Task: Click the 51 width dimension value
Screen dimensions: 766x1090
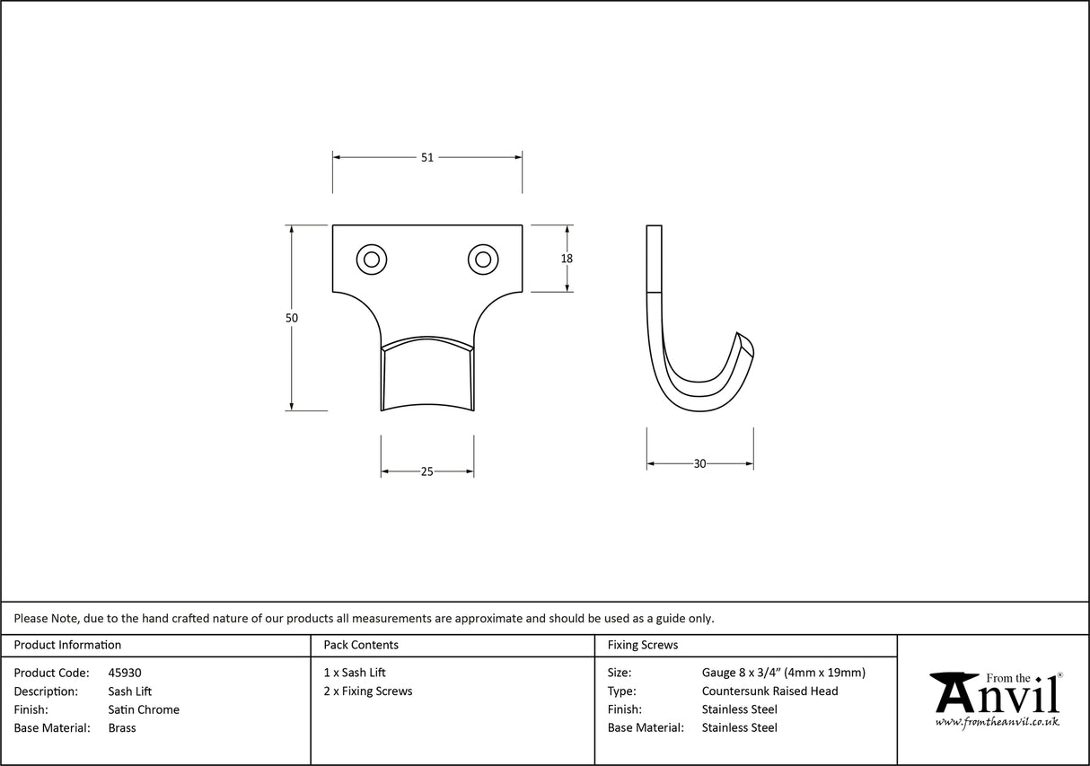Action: [x=427, y=157]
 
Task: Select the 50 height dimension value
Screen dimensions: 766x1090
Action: [x=292, y=318]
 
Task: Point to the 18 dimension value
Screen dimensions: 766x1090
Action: [x=567, y=259]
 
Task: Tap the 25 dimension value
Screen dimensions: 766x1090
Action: [x=427, y=471]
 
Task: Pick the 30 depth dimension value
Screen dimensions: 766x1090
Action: [x=700, y=464]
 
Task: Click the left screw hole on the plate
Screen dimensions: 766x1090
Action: [x=371, y=260]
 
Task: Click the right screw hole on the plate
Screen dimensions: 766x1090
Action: [x=483, y=260]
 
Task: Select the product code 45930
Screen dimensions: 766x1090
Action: [x=124, y=673]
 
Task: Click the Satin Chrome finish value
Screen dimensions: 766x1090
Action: [x=144, y=709]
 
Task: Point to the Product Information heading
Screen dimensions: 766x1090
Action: [x=67, y=645]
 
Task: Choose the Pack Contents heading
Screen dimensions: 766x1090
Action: [x=361, y=645]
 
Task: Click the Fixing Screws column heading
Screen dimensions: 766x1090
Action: [x=643, y=645]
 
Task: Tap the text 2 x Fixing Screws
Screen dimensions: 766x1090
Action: [x=368, y=691]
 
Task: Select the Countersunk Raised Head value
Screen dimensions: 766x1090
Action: [x=769, y=691]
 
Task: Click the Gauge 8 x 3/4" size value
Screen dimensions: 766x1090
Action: [x=783, y=673]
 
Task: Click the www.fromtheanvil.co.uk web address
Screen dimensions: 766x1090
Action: [x=997, y=722]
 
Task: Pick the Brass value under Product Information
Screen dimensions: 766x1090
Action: [x=122, y=728]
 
